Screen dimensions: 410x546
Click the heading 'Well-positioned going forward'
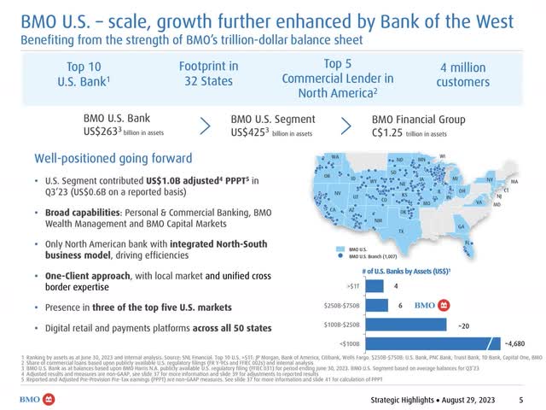click(x=113, y=159)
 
